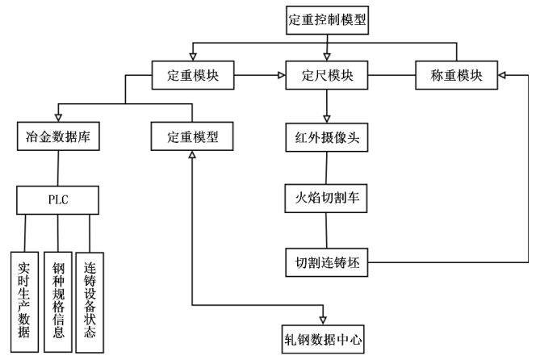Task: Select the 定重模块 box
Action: [x=192, y=77]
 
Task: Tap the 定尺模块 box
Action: [x=327, y=77]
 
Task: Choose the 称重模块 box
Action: [x=457, y=77]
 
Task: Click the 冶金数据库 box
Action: [x=57, y=136]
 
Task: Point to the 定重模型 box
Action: [x=192, y=136]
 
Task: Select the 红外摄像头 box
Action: [x=327, y=136]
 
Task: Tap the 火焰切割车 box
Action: [x=327, y=198]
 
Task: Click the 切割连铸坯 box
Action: [x=327, y=262]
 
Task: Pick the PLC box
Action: [x=57, y=199]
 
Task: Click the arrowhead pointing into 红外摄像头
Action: [x=327, y=118]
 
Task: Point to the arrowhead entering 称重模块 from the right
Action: [x=502, y=77]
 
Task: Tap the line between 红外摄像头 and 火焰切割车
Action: [x=327, y=167]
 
